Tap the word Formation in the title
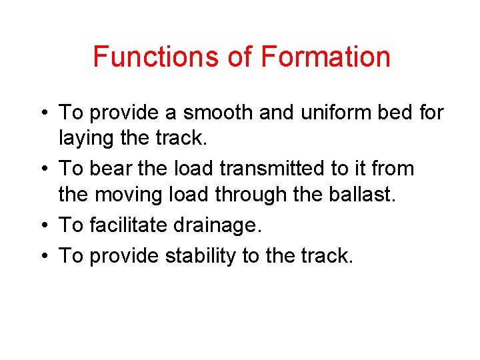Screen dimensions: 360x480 [x=325, y=57]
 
